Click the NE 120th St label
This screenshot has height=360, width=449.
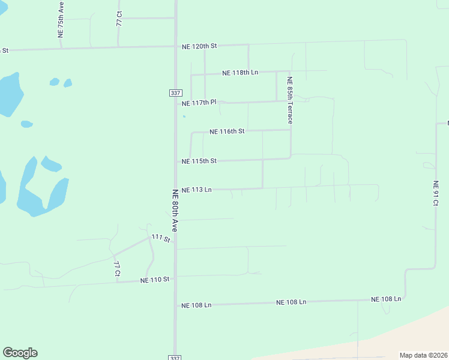tap(199, 46)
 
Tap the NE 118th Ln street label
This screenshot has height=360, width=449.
tap(240, 73)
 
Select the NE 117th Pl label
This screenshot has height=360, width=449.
tap(199, 103)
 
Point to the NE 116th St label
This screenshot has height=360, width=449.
tap(227, 131)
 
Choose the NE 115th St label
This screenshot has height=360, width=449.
tap(199, 161)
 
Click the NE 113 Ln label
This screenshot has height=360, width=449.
tap(197, 190)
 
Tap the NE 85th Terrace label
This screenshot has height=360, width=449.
tap(289, 100)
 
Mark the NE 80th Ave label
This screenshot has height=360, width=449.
tap(175, 210)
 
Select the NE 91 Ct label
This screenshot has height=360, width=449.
tap(436, 194)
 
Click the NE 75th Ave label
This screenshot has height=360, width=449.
tap(61, 20)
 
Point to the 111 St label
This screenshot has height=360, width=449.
tap(161, 238)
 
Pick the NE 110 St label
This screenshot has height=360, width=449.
tap(155, 280)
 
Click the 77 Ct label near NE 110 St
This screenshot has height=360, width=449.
tap(118, 269)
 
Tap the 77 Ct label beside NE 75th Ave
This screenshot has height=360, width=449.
tap(119, 18)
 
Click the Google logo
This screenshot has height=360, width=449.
tap(20, 353)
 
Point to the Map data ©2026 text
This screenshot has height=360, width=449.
tap(423, 355)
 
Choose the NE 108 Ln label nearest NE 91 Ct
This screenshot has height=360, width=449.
tap(386, 299)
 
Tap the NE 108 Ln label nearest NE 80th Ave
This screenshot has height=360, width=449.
tap(196, 305)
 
